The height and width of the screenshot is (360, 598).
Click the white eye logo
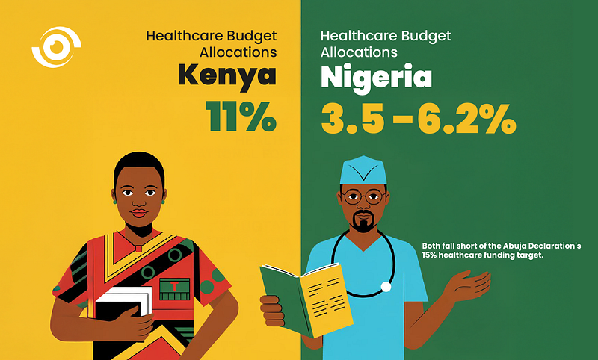coord(57,47)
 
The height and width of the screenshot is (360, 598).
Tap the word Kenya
coord(227,77)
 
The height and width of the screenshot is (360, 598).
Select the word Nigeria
coord(376,78)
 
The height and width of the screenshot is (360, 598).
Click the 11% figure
coord(241,117)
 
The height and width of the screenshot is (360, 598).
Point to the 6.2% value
coord(466,119)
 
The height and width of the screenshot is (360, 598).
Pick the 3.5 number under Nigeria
coord(352,119)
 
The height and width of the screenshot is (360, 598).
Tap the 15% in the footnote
coord(429,255)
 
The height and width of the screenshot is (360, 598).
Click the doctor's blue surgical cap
coord(363,170)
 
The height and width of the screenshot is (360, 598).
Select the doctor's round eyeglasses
coord(363,197)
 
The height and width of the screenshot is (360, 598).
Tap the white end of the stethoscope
coord(386,287)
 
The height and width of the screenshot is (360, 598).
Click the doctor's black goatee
coord(363,221)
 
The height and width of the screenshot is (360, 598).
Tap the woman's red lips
coord(139,213)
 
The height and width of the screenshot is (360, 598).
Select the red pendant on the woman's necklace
coord(138,249)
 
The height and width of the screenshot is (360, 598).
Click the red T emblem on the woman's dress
coord(174,286)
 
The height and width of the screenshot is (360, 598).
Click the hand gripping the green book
coord(272,311)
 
